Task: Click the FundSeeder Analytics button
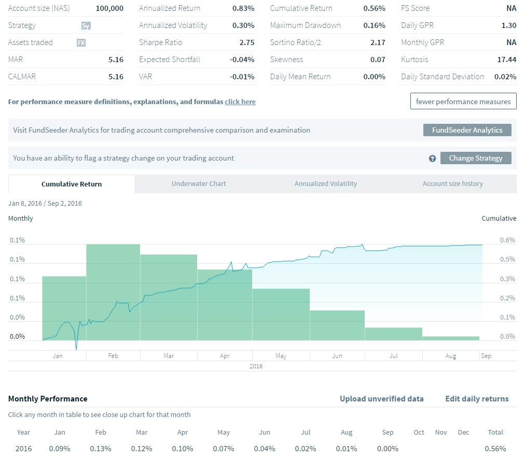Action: click(x=467, y=130)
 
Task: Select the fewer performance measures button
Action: click(x=463, y=102)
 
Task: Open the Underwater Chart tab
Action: click(x=199, y=184)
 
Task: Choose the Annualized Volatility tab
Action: click(x=326, y=184)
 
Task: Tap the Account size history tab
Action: click(x=452, y=184)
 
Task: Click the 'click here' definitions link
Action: click(x=240, y=102)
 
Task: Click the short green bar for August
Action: click(x=450, y=338)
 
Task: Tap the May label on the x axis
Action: click(x=281, y=356)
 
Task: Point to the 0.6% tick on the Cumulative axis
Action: click(x=507, y=240)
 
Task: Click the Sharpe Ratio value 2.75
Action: click(x=246, y=42)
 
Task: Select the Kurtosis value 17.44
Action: click(x=506, y=60)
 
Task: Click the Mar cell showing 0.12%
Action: click(x=142, y=449)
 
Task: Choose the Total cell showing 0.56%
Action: click(x=495, y=449)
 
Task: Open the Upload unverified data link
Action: click(x=381, y=399)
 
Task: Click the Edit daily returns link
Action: click(x=477, y=399)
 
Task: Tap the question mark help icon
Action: click(x=432, y=159)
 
